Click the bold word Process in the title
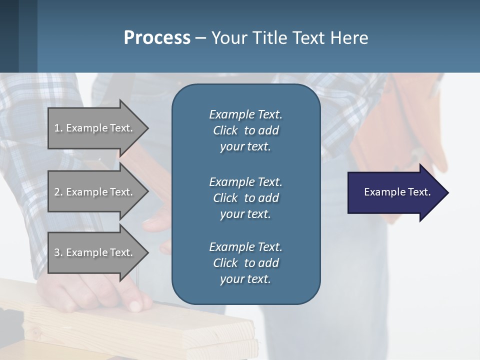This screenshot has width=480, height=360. click(x=157, y=38)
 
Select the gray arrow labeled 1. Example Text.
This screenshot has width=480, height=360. click(x=95, y=128)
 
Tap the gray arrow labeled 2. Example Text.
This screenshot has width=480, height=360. click(x=95, y=192)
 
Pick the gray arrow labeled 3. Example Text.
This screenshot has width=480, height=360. click(x=95, y=252)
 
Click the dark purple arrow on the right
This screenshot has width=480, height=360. click(x=395, y=192)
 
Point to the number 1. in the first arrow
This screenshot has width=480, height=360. click(x=58, y=128)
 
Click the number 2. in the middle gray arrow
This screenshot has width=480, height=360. click(x=58, y=192)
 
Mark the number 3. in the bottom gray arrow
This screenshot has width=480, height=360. click(x=58, y=252)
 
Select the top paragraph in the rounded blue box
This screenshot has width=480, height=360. click(x=245, y=130)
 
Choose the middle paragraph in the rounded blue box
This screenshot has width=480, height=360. click(x=245, y=197)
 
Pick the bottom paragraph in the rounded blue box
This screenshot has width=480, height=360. click(x=245, y=263)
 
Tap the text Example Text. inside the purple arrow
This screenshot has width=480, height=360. click(x=397, y=192)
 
